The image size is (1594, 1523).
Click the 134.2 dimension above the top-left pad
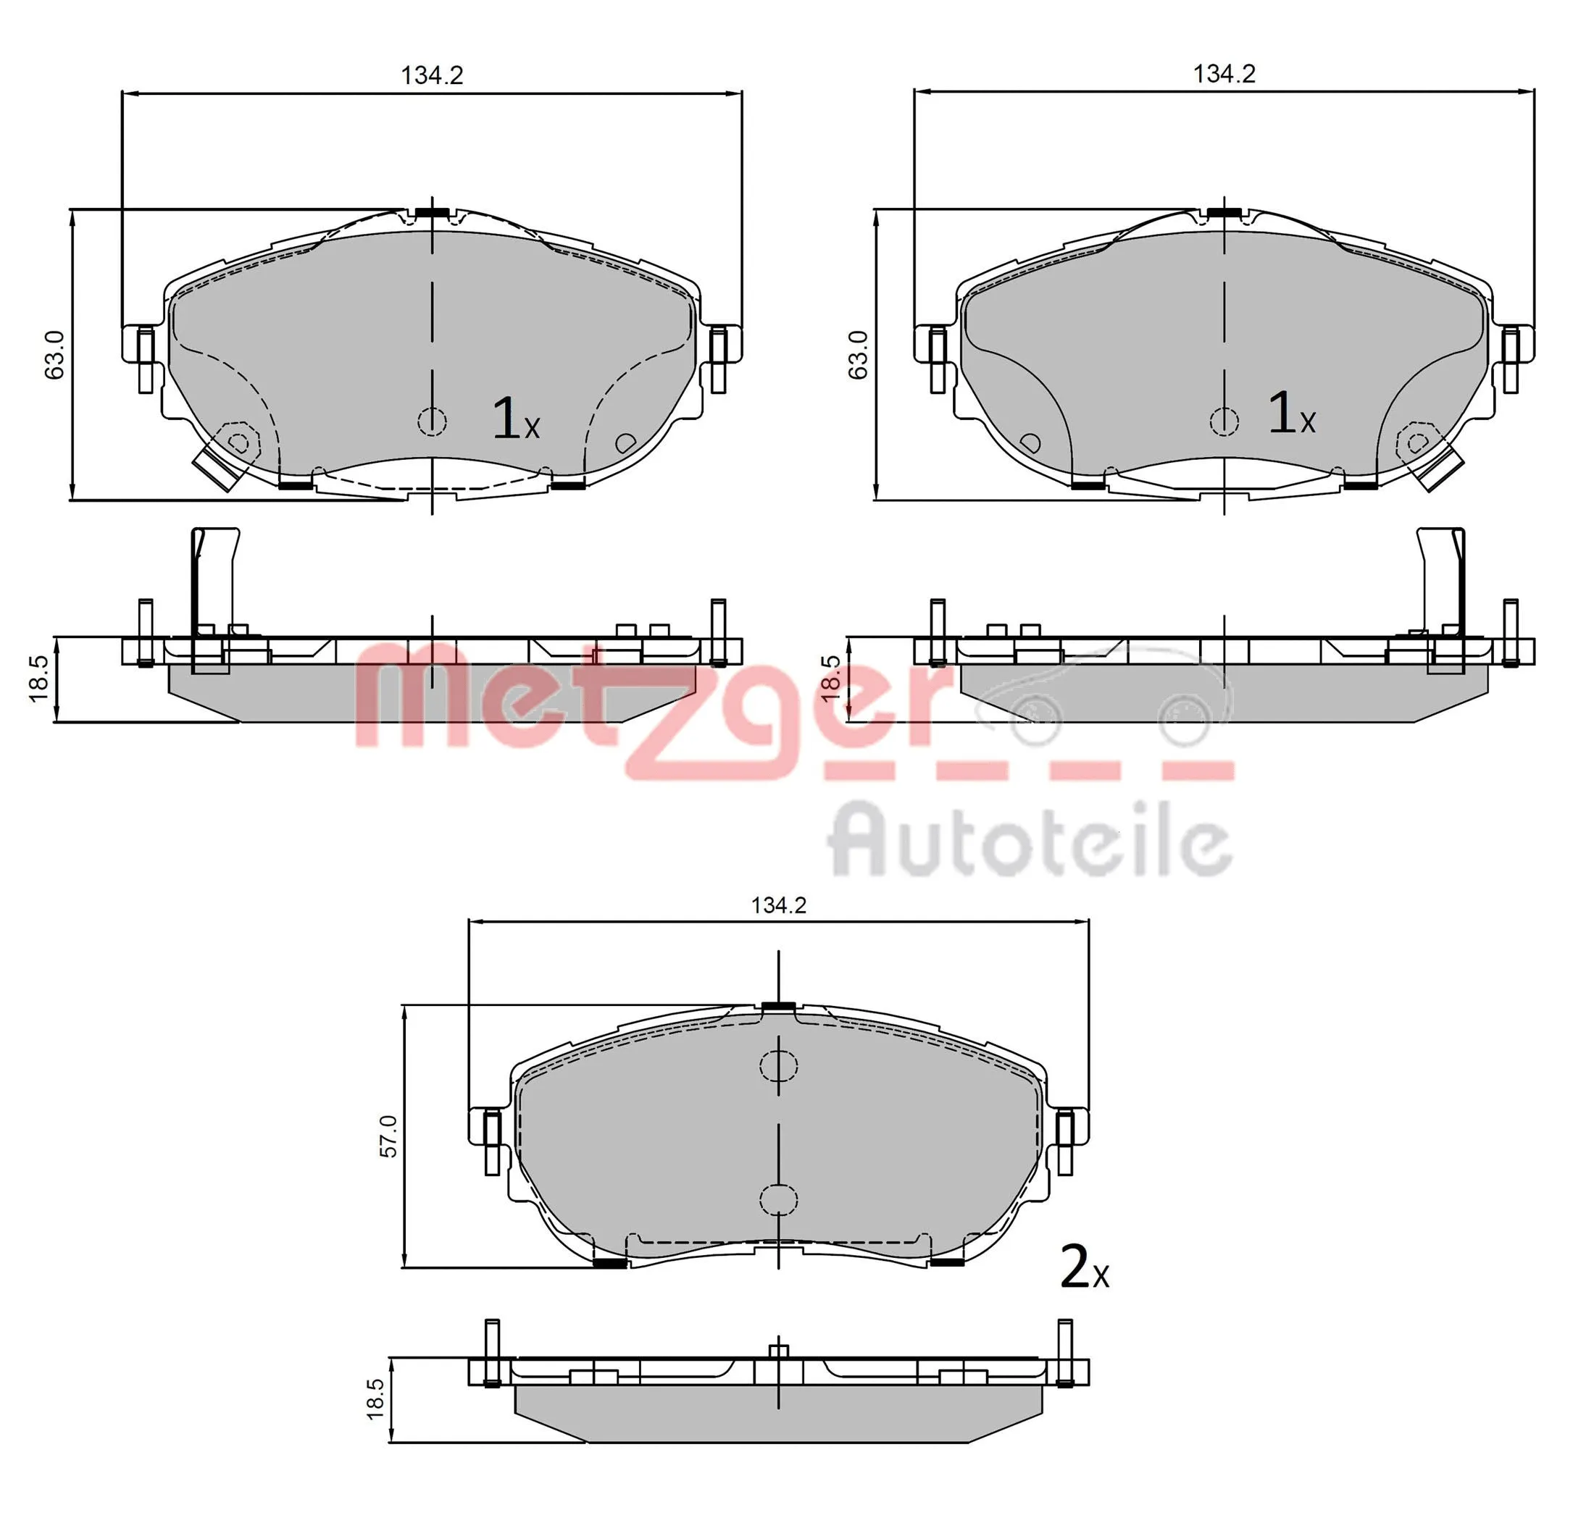[x=432, y=75]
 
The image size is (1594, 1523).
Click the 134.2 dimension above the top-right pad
[x=1224, y=74]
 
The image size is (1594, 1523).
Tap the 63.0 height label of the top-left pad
[x=54, y=354]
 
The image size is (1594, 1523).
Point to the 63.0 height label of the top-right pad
[x=857, y=354]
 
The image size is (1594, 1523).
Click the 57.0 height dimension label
[x=388, y=1136]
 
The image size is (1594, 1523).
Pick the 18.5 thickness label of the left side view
[x=39, y=678]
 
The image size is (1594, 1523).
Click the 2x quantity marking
[x=1083, y=1268]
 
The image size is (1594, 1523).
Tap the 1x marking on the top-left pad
[x=515, y=420]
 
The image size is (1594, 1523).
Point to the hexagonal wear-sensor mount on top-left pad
[x=238, y=442]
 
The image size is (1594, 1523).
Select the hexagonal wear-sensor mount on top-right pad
[x=1417, y=442]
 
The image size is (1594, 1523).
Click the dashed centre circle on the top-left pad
[x=432, y=421]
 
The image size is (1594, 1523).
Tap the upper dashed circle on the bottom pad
[x=778, y=1066]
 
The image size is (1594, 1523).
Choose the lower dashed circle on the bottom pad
[x=778, y=1199]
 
